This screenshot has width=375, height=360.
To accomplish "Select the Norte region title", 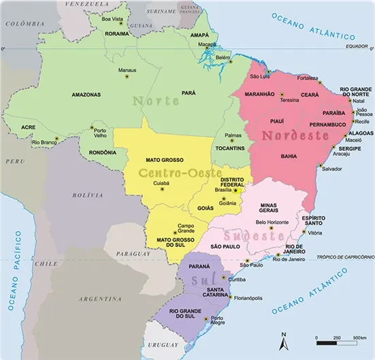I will [157, 101].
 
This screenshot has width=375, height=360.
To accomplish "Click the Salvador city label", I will [331, 168].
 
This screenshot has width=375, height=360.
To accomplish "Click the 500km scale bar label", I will [359, 338].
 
